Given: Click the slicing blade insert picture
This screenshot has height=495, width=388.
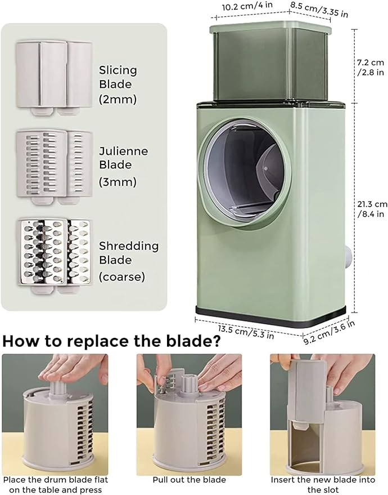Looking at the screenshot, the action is (x=54, y=78).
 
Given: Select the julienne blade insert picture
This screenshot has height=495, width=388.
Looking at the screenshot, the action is (x=54, y=167).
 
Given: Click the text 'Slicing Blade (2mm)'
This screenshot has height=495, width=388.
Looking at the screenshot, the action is (x=118, y=84).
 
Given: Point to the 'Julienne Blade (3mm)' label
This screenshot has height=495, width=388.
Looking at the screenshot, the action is (x=123, y=166).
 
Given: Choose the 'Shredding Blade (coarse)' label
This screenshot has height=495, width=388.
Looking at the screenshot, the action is (x=129, y=261).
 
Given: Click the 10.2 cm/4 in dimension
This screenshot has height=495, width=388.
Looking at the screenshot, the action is (x=247, y=6).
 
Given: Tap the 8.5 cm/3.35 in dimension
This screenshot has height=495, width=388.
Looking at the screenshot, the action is (x=319, y=10).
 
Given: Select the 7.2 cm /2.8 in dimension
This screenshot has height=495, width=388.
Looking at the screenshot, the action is (x=371, y=67).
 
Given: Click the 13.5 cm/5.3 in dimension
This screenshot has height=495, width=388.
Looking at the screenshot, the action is (x=246, y=332).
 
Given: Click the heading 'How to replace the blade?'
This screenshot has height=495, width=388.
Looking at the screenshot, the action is (x=111, y=342).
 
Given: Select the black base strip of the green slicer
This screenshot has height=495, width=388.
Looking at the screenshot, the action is (x=271, y=318).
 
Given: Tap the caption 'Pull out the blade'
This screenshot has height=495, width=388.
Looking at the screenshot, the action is (x=190, y=480).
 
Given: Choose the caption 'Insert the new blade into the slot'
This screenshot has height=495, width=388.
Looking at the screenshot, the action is (x=323, y=485).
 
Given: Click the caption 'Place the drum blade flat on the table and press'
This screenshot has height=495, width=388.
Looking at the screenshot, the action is (x=56, y=485).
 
